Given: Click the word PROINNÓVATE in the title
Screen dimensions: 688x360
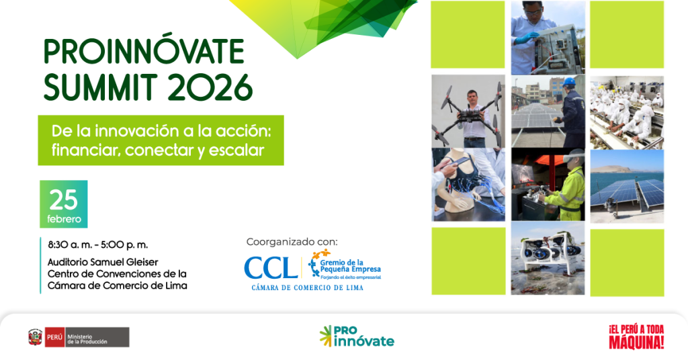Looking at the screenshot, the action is click(x=144, y=52).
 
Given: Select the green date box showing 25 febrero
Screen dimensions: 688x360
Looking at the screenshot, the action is click(x=64, y=204).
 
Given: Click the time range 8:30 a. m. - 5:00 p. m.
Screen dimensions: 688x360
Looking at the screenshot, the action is click(x=98, y=244).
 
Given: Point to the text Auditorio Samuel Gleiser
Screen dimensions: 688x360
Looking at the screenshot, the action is click(x=103, y=262).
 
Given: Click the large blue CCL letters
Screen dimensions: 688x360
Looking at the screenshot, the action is click(x=270, y=269).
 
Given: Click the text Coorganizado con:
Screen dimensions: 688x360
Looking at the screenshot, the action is click(x=292, y=242).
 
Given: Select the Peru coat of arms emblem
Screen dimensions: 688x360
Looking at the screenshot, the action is click(x=35, y=336).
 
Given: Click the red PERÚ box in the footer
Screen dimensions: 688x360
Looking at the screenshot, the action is click(x=55, y=337).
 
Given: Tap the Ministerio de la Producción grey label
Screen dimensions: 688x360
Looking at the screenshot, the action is click(x=97, y=337).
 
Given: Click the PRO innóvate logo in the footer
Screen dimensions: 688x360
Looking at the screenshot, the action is click(x=357, y=336).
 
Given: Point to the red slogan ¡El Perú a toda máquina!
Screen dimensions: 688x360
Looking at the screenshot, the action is click(x=636, y=336).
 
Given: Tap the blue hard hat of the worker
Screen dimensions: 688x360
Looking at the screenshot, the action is click(x=570, y=81).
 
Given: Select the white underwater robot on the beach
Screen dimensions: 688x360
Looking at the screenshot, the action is click(x=551, y=253).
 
